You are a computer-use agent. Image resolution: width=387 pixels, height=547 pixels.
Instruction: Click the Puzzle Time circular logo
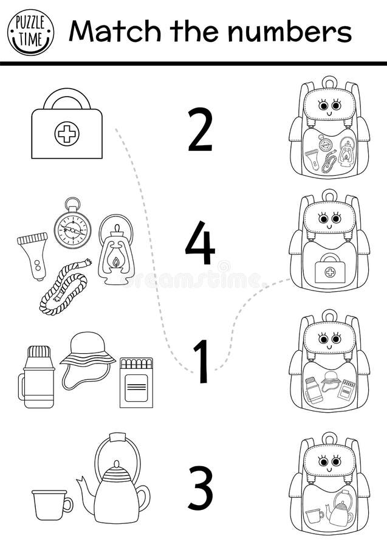(x=30, y=32)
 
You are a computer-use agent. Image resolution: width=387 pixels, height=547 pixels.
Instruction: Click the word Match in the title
(x=104, y=31)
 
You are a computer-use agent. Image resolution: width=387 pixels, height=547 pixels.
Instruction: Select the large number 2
(x=200, y=129)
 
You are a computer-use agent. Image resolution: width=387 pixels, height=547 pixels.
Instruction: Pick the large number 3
(x=200, y=487)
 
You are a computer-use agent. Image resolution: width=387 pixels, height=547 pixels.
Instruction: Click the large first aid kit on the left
(x=67, y=126)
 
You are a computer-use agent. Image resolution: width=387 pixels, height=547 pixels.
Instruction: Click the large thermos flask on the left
(x=38, y=377)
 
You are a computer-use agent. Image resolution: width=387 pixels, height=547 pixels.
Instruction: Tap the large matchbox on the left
(x=136, y=382)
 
